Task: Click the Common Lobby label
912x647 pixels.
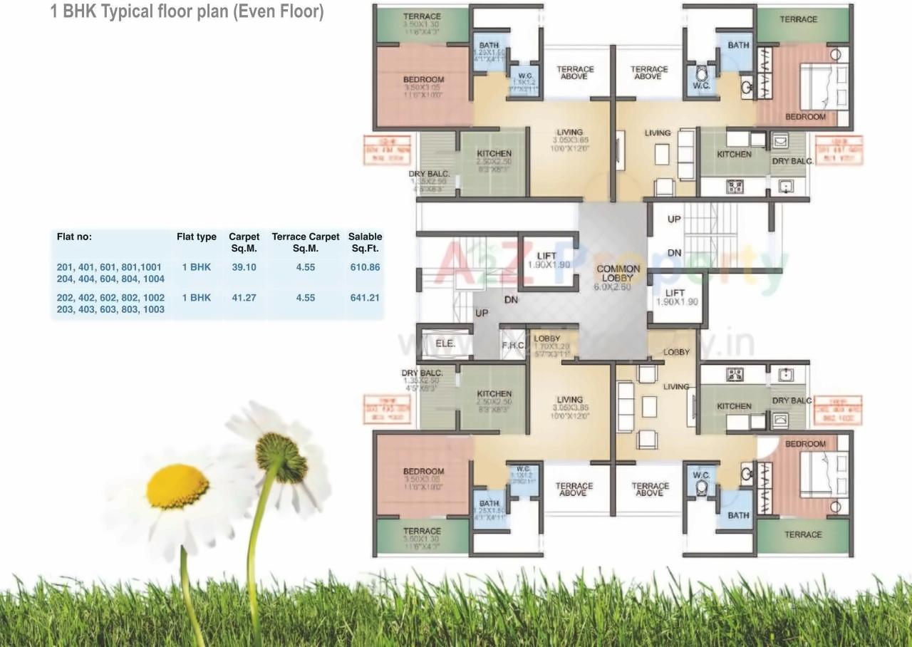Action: pos(618,273)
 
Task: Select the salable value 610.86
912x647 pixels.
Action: pos(365,267)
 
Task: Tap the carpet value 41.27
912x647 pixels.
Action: pos(244,298)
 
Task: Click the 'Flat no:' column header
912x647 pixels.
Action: pos(74,237)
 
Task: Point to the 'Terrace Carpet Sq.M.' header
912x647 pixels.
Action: pos(306,242)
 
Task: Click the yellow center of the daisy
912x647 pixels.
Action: pos(177,487)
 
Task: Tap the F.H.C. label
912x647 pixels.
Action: pos(513,346)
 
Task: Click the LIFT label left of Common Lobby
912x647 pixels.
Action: pos(546,256)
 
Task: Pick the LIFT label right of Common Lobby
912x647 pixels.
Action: pos(675,292)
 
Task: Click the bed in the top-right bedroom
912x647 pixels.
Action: pos(824,86)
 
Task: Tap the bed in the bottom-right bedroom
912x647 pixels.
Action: pos(824,473)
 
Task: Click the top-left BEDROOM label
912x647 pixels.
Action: pos(423,80)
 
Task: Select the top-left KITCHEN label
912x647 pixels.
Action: pos(494,153)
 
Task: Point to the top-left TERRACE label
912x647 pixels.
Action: pos(422,16)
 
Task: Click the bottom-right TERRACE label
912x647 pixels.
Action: pos(803,534)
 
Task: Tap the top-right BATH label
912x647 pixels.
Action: pos(738,45)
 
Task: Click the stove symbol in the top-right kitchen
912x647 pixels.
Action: pos(734,187)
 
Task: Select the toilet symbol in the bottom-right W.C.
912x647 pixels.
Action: pos(701,487)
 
